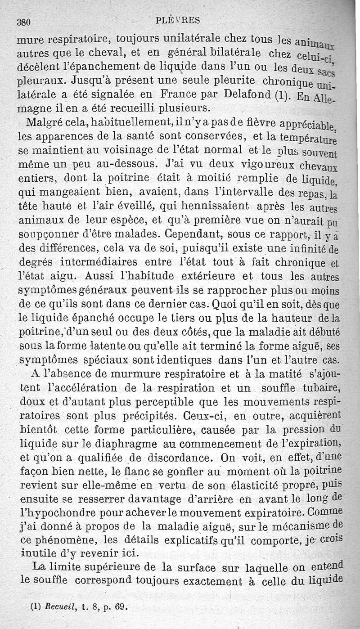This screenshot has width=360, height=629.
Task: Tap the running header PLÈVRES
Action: (x=178, y=20)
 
